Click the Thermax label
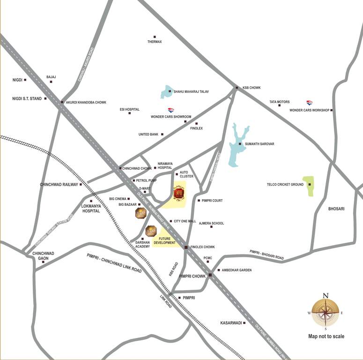click(155, 42)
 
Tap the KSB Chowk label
click(251, 88)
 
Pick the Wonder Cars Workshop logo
click(309, 103)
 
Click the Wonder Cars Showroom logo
click(171, 110)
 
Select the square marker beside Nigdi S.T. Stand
click(45, 98)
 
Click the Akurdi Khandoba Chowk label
click(86, 102)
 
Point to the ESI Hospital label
click(130, 109)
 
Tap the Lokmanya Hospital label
click(91, 209)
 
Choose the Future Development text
click(167, 240)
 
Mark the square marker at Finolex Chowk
click(186, 247)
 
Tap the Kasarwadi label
click(230, 323)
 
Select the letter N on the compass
click(326, 295)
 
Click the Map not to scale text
click(326, 336)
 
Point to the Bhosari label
click(336, 209)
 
